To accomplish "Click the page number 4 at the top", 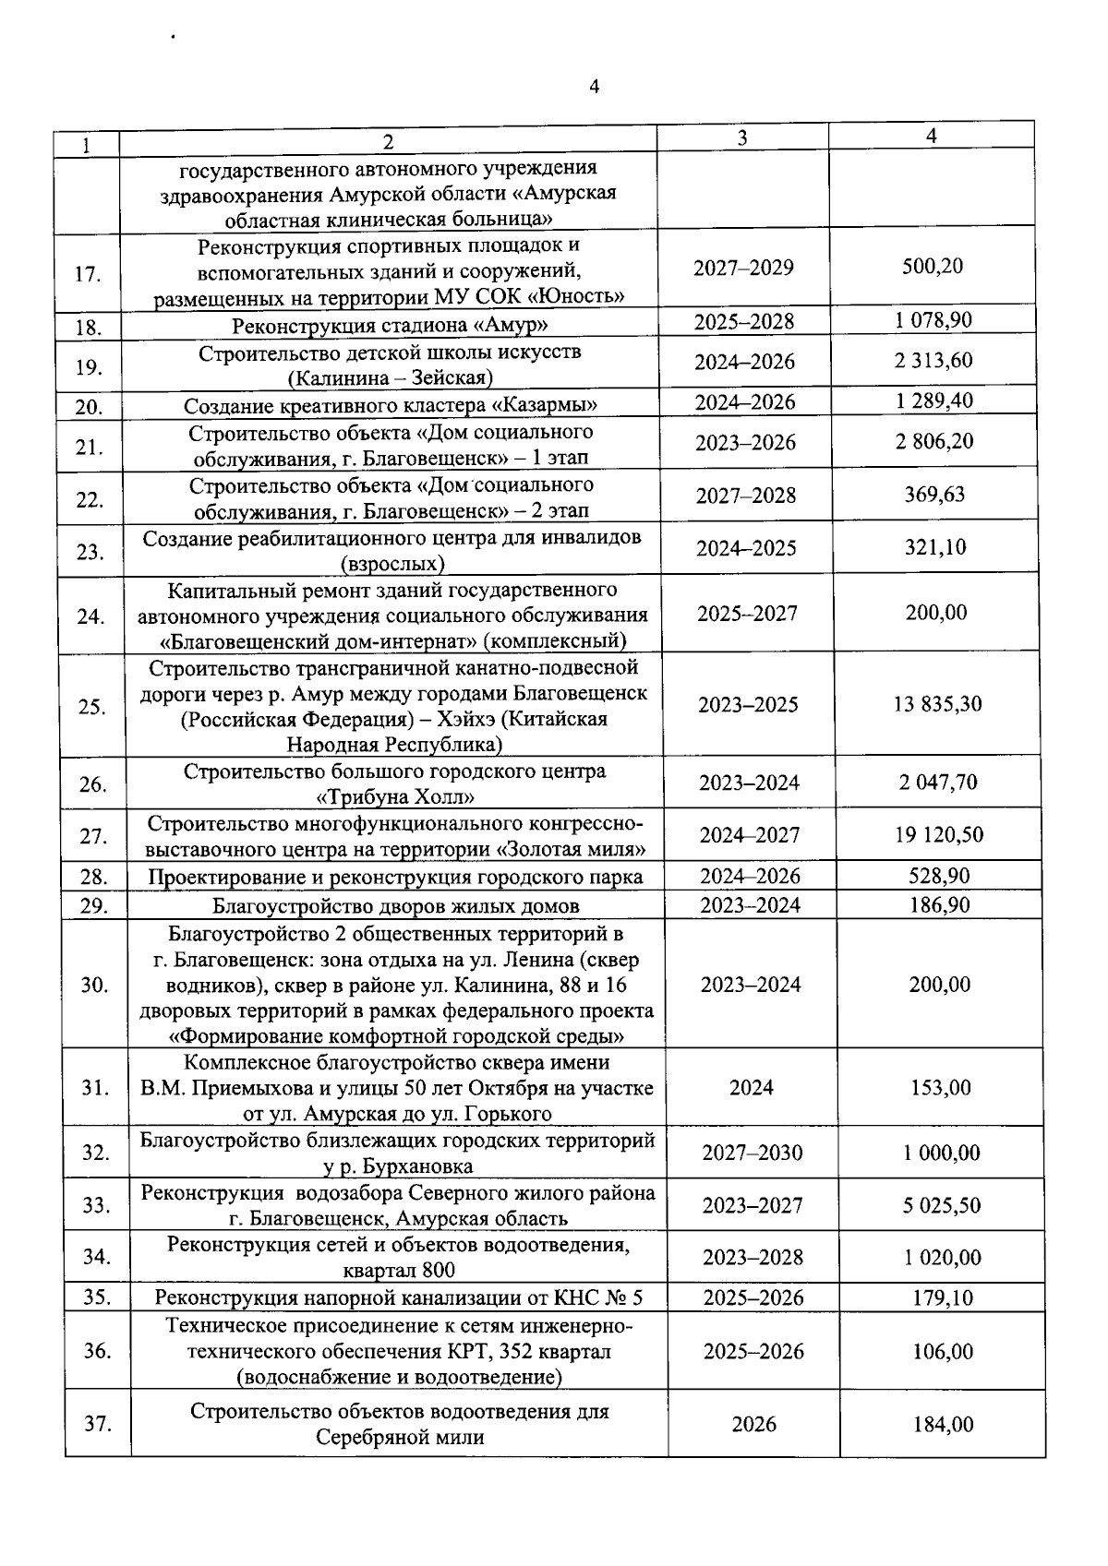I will click(x=594, y=87).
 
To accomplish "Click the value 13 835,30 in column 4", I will click(x=937, y=704).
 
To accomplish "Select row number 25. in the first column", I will click(x=91, y=707).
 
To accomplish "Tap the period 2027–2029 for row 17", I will click(x=743, y=268).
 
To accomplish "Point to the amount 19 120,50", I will click(x=938, y=835).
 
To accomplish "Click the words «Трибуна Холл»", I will click(x=395, y=796).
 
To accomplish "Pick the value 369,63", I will click(x=934, y=495).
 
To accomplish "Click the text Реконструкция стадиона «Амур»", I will click(x=390, y=325).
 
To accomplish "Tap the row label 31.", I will click(x=95, y=1088).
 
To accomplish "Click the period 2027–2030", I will click(x=753, y=1153).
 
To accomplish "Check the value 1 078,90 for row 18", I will click(x=933, y=320).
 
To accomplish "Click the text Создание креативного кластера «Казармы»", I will click(x=390, y=406).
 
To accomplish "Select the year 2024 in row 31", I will click(x=752, y=1088).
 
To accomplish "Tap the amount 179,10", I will click(x=941, y=1297).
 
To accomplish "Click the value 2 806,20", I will click(x=933, y=441).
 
